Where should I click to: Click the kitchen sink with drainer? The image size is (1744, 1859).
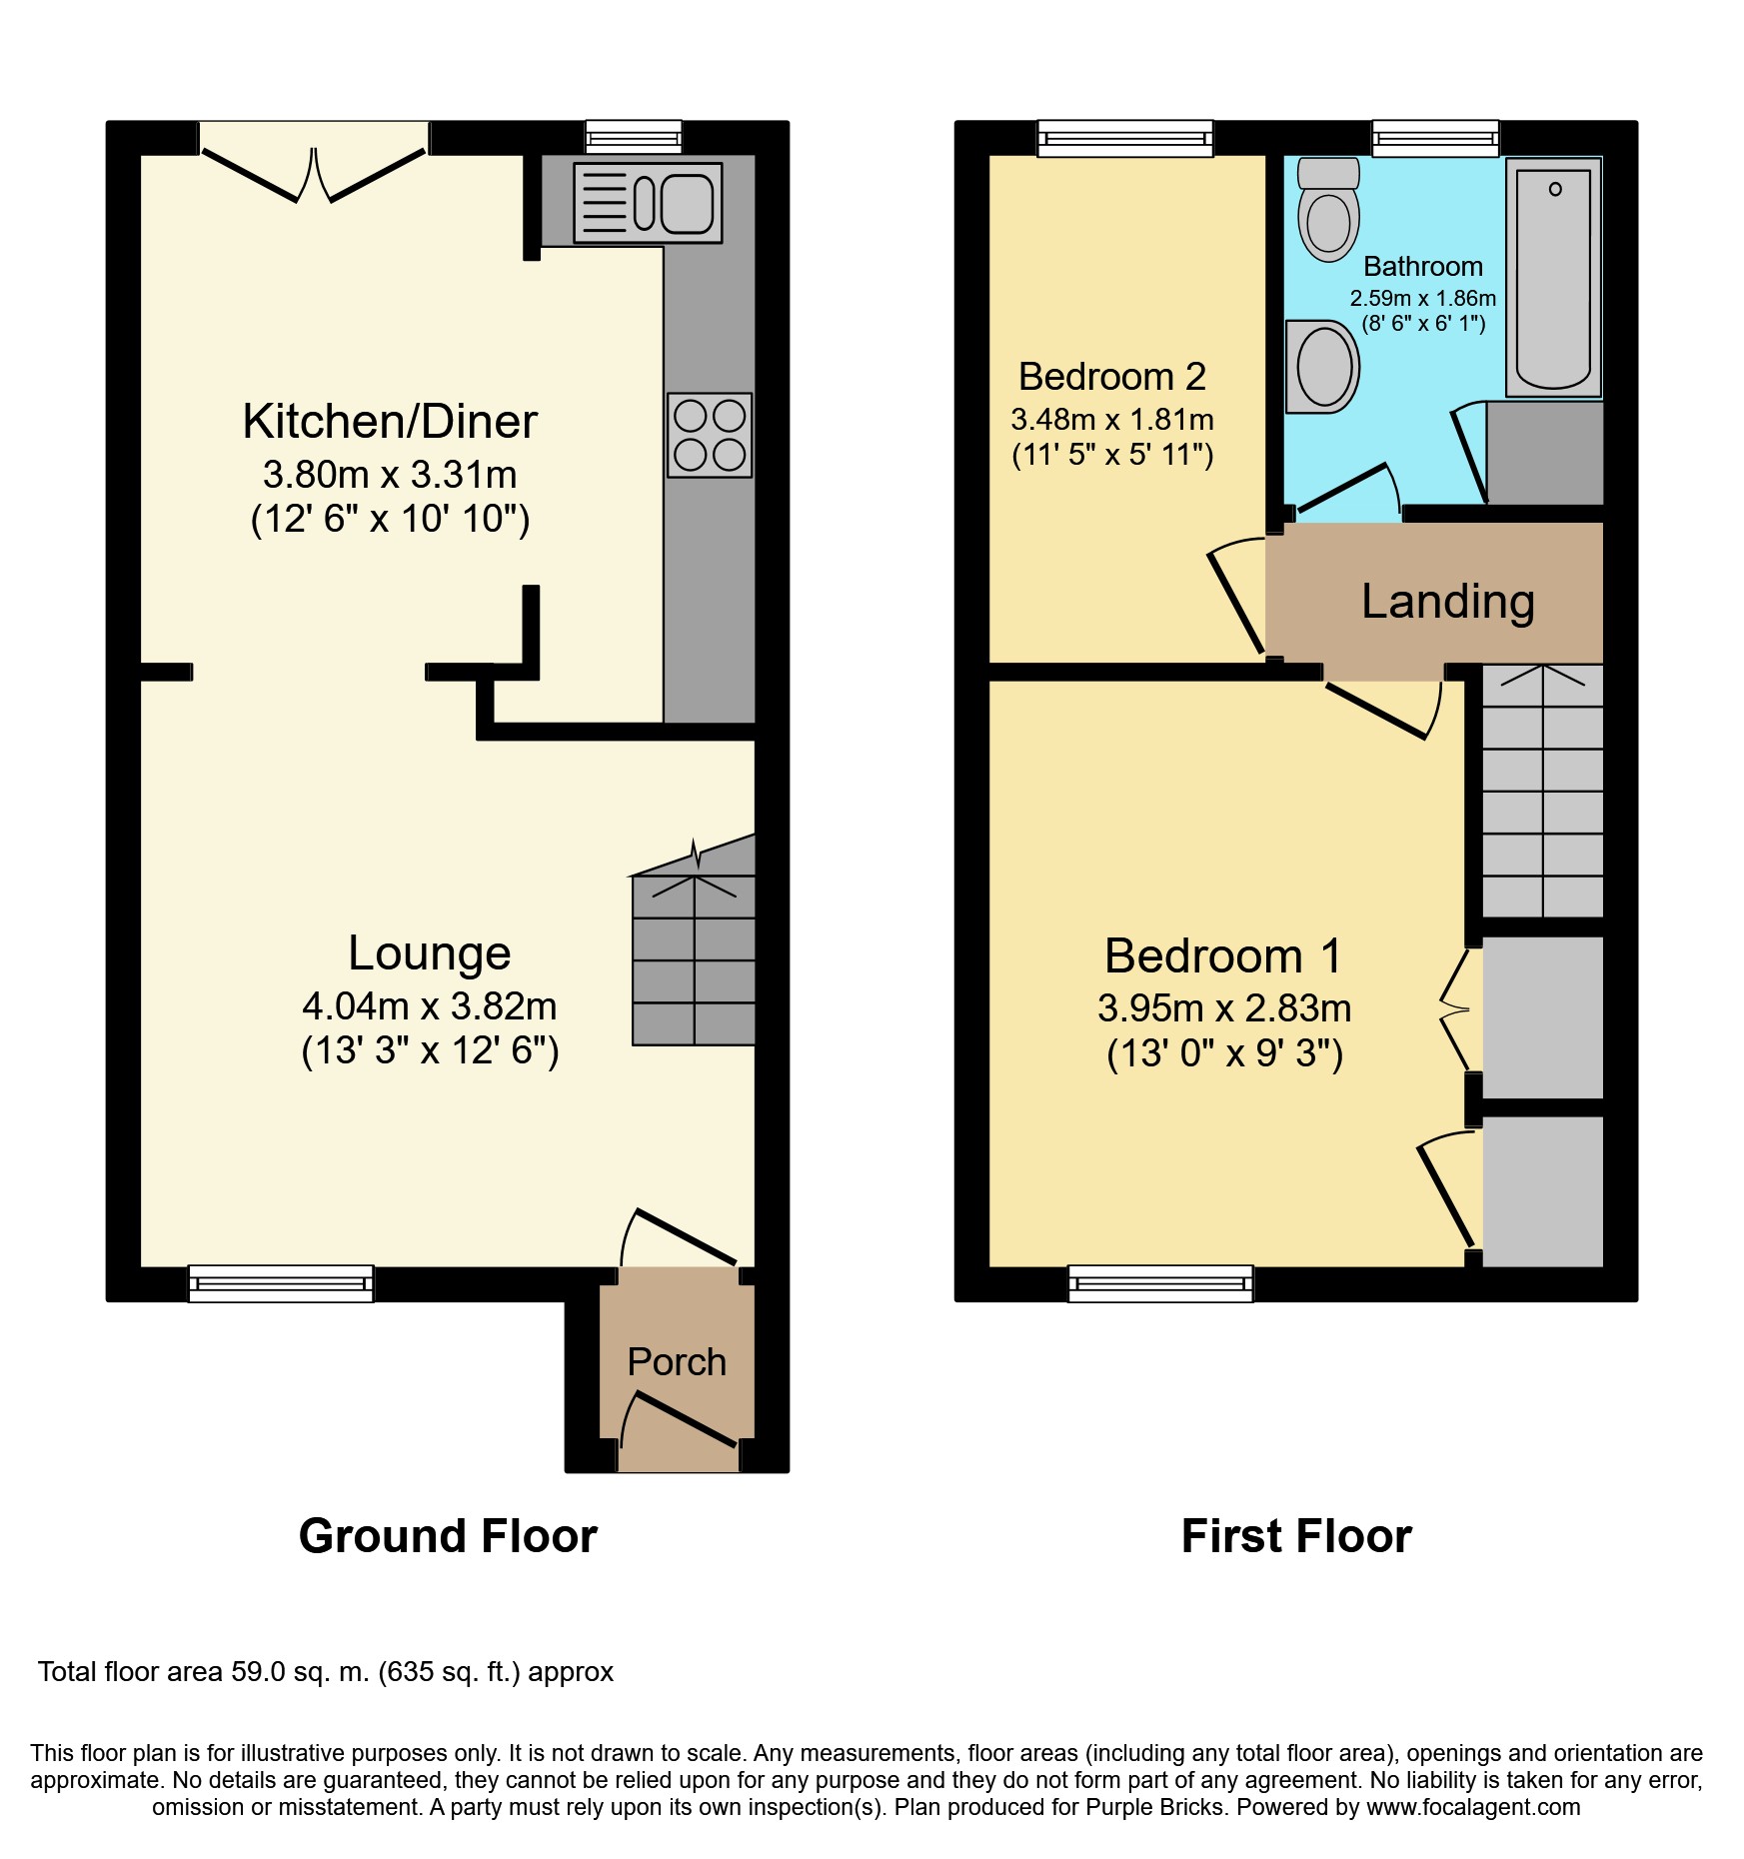[648, 203]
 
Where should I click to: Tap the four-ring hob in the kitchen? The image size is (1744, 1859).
[710, 435]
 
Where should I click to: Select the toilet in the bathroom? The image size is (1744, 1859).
[1328, 210]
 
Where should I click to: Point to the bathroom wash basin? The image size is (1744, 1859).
[1322, 367]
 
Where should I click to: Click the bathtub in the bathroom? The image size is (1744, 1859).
[1554, 277]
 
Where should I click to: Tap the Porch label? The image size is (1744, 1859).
[677, 1361]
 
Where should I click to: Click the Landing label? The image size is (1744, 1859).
[1448, 602]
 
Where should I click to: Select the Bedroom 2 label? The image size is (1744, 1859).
[1112, 377]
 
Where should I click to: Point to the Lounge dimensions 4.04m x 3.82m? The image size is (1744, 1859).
[430, 1006]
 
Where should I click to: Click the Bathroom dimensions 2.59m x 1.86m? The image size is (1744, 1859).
[1423, 298]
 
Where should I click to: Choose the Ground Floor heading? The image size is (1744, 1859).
[448, 1536]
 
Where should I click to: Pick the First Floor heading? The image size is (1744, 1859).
[1296, 1536]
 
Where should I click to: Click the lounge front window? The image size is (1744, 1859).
[281, 1284]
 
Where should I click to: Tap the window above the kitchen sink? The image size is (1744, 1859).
[634, 137]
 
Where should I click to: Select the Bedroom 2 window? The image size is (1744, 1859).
[1125, 139]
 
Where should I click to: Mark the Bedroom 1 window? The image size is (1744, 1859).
[1160, 1284]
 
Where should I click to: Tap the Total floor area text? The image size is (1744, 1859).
[326, 1672]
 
